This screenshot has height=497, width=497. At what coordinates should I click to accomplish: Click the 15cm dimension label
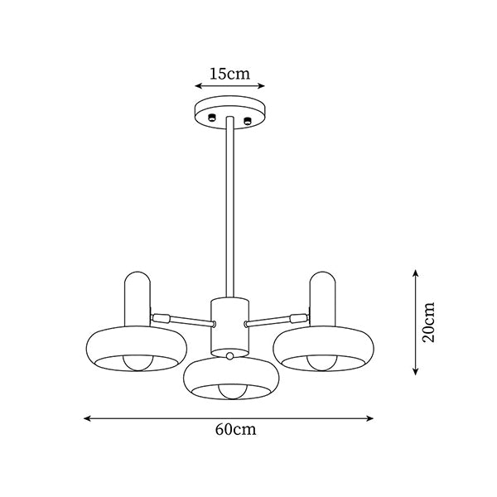229,74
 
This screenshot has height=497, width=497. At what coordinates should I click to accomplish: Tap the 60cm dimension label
235,429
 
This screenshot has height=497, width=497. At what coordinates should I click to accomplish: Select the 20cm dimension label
428,322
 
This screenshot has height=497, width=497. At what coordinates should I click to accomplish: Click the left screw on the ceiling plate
211,118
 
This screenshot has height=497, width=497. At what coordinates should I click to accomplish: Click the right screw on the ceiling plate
247,120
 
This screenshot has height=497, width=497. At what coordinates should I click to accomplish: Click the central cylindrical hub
230,326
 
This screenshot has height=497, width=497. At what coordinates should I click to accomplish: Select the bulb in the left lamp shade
138,363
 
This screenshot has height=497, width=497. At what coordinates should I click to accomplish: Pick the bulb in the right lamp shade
322,363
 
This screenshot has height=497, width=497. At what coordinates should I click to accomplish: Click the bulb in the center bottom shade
231,392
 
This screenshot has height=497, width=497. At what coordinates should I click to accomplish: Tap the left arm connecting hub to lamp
182,320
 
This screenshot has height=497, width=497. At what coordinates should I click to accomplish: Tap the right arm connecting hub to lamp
277,320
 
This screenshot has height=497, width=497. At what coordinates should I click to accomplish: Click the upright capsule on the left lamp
138,299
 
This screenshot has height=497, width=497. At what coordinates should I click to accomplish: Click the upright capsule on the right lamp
322,299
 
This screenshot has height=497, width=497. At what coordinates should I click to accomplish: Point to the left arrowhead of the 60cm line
87,418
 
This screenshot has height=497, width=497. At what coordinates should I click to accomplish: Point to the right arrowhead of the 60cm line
370,418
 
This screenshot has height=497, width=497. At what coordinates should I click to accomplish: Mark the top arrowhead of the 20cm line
416,273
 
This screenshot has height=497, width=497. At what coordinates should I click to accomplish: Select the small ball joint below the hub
230,355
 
